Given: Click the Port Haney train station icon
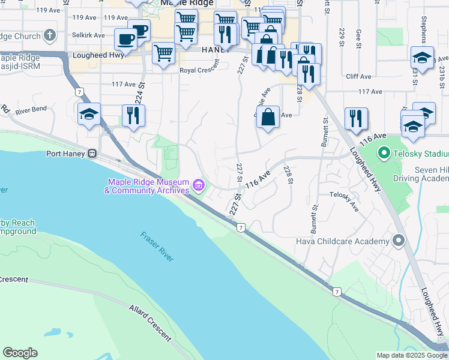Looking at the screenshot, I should coord(92,153).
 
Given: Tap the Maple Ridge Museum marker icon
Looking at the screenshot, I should coord(198,187).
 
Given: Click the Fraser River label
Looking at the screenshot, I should coord(157,246).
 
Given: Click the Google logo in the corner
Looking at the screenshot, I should coord(20,353).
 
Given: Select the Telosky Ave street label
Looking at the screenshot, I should coord(345,201).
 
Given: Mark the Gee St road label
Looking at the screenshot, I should coord(358,38).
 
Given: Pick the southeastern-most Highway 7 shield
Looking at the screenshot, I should coord(337,291).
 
